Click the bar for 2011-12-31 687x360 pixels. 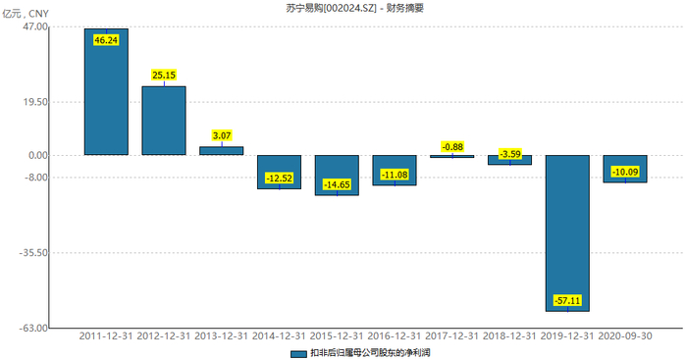tap(106, 92)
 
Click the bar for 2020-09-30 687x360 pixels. tap(624, 169)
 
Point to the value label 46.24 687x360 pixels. tap(106, 40)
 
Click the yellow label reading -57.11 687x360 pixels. tap(567, 299)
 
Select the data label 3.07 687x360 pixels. tap(222, 135)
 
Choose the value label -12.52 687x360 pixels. tap(280, 178)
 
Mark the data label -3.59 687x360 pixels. tap(510, 154)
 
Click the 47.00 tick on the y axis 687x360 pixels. tap(34, 26)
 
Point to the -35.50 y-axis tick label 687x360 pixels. tap(32, 252)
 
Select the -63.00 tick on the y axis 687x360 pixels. tap(32, 328)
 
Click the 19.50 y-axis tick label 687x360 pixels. tap(34, 102)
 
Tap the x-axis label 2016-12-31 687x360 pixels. tap(395, 335)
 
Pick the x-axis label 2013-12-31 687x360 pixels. tap(222, 335)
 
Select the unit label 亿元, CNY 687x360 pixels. tap(26, 11)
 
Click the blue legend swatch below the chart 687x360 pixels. tap(298, 352)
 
